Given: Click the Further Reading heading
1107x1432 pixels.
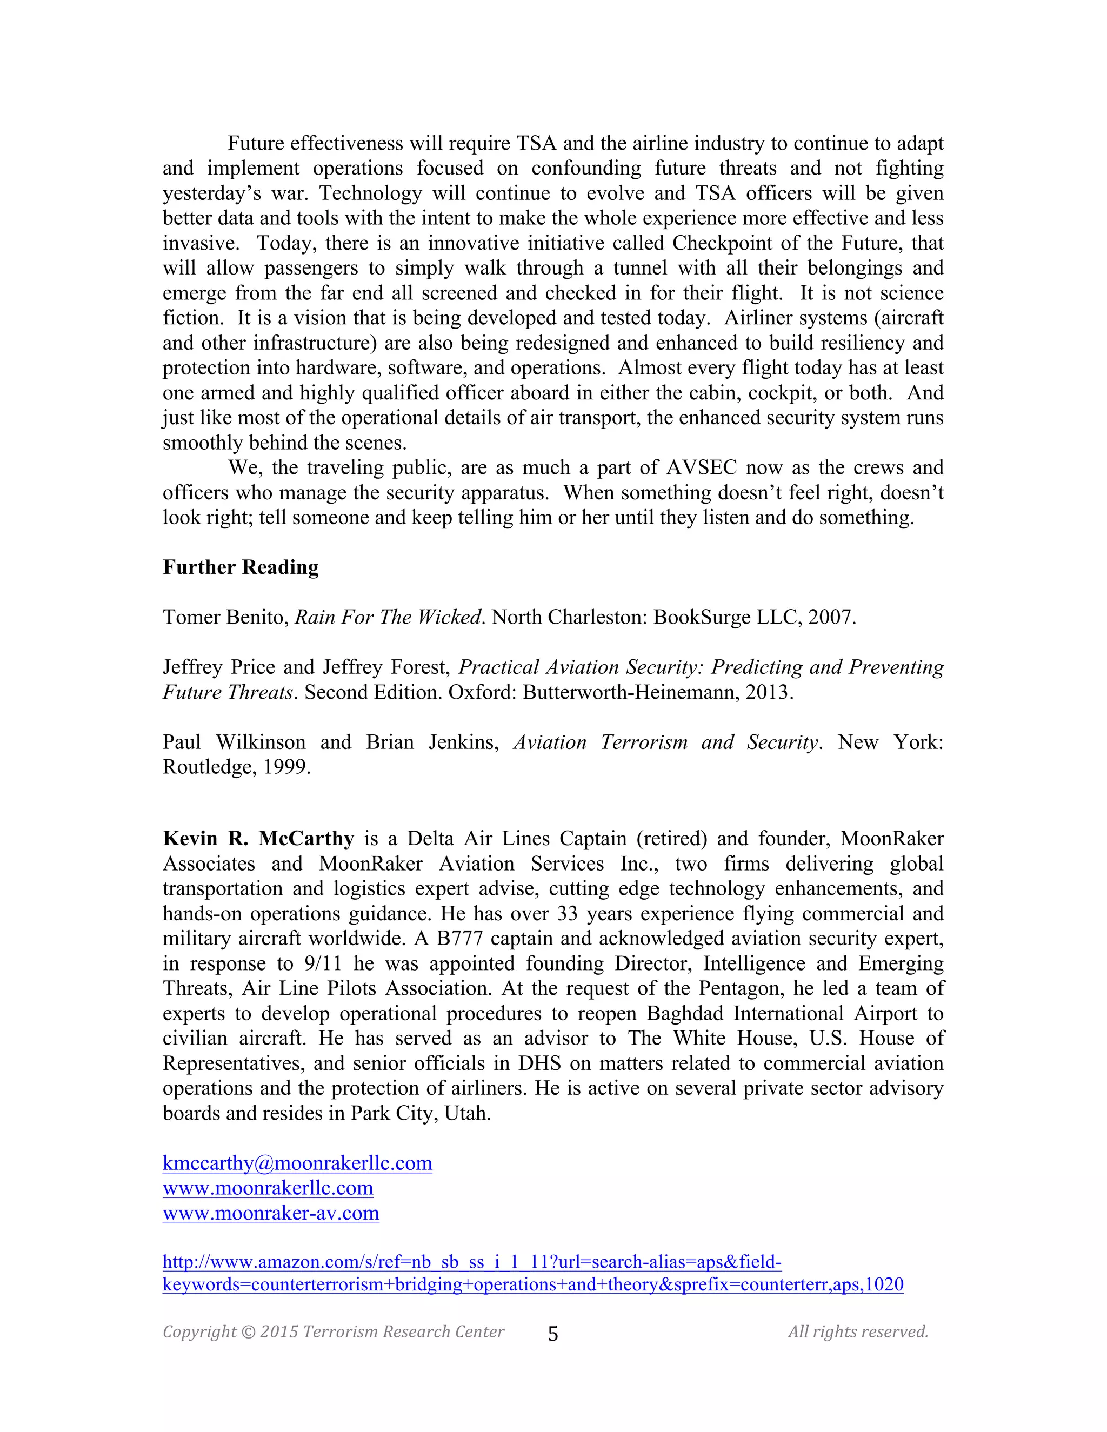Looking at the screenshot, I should click(240, 567).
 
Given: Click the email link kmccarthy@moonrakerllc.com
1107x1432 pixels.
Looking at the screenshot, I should click(297, 1163).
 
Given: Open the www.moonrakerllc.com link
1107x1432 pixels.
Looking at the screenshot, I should click(268, 1188).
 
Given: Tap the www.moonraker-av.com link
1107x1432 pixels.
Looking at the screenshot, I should click(271, 1213).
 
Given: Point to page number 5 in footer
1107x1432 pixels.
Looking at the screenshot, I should click(553, 1333).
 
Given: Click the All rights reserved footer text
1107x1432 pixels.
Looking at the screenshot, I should click(858, 1331).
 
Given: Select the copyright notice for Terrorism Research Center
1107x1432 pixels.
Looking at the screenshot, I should click(333, 1331).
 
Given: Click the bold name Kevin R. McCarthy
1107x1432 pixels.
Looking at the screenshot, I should click(258, 839).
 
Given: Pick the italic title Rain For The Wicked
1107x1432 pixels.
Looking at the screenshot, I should click(388, 617).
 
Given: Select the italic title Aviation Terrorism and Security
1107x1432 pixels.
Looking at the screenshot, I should click(665, 742).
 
